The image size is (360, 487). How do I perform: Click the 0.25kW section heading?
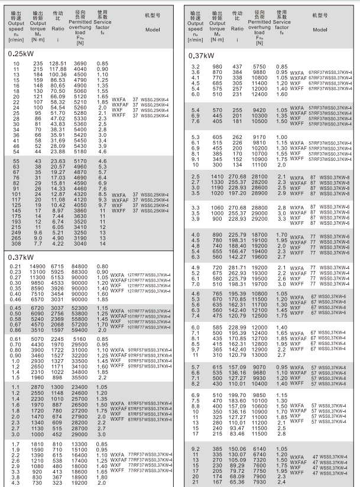coord(22,53)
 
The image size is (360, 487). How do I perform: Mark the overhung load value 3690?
coord(79,64)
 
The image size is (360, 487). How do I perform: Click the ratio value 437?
coord(236,66)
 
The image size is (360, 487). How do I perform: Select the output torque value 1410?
coord(218,176)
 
